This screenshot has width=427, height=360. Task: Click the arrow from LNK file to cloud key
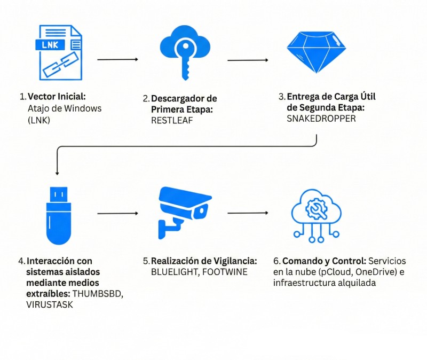117,59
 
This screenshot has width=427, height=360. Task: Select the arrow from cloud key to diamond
248,60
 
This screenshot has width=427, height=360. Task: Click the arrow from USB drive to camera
117,214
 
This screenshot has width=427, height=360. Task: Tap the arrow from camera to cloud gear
248,213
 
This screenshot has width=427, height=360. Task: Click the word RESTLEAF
172,121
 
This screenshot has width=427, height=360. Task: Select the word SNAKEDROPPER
321,119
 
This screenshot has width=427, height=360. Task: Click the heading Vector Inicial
57,97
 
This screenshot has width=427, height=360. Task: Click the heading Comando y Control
323,261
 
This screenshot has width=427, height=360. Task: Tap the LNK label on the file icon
51,45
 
